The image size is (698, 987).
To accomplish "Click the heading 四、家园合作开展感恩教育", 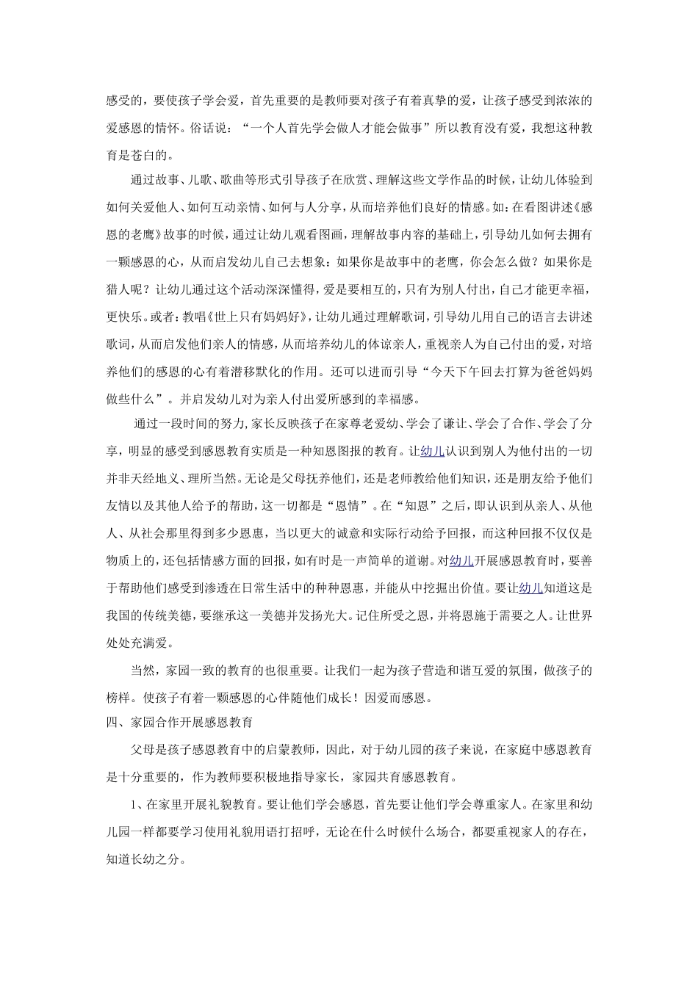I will coord(179,723).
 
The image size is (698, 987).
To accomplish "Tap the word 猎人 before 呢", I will coord(118,290).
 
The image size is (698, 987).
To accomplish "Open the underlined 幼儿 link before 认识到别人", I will coord(432,451).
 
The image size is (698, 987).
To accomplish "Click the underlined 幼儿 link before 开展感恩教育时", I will coord(461,561).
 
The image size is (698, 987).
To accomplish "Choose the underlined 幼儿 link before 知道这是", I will coord(530,588).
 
